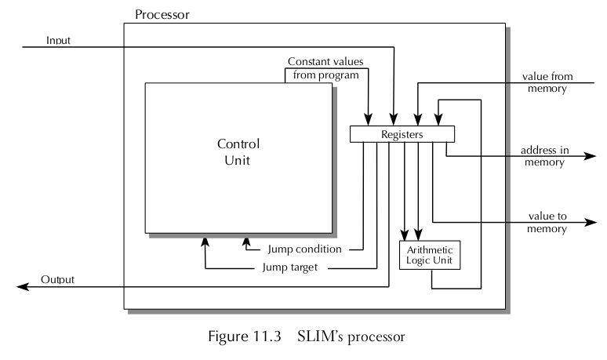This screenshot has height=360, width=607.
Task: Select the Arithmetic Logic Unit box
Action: tap(429, 256)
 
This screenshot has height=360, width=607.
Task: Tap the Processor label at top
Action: tap(162, 14)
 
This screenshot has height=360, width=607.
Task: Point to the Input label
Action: tap(60, 40)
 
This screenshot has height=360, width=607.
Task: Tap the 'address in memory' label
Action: tap(543, 156)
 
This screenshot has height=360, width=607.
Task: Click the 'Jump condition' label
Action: tap(304, 249)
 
